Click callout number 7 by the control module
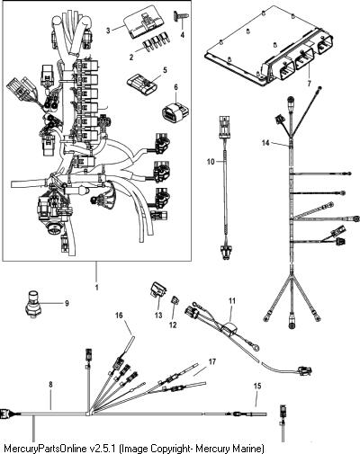coord(310,83)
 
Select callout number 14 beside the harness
coord(265,143)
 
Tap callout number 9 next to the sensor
coord(67,303)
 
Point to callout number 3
coord(109,30)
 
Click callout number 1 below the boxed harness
coord(97,287)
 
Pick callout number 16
coord(119,316)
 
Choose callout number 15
coord(257,386)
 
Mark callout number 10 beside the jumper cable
coord(211,162)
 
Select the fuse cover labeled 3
coord(144,22)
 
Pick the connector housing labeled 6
coord(175,112)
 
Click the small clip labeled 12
coord(175,300)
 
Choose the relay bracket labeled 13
coord(158,290)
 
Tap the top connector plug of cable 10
coord(225,125)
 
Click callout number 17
coord(212,361)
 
